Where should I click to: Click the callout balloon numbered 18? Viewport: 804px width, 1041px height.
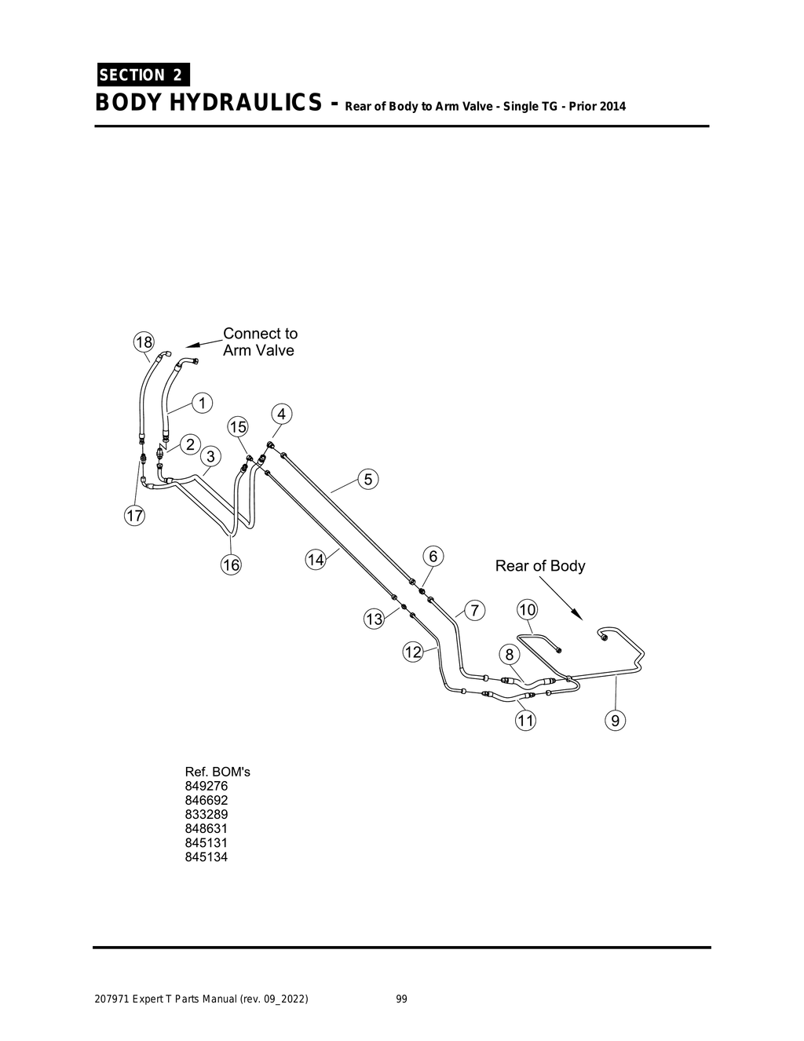(x=144, y=342)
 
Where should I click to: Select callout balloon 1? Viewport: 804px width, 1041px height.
(x=202, y=403)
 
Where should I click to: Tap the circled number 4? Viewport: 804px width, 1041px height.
(x=282, y=414)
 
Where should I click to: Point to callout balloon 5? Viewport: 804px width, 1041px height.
(x=368, y=479)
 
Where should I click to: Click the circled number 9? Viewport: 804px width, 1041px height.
(x=615, y=720)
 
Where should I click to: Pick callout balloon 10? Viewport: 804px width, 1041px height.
(x=527, y=610)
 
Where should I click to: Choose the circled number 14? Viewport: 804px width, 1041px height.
(x=316, y=560)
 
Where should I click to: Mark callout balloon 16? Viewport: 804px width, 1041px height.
(x=231, y=564)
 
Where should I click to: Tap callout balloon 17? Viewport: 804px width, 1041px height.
(x=135, y=516)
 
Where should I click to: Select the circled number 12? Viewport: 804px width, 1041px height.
(x=413, y=652)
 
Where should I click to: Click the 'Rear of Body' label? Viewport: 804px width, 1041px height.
(x=539, y=566)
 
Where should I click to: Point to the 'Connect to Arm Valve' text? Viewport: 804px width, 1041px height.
(x=260, y=342)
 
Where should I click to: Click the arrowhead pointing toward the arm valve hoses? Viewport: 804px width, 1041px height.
(x=192, y=345)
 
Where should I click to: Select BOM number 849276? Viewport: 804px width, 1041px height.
(x=206, y=786)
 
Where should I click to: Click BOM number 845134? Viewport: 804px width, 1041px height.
(x=206, y=857)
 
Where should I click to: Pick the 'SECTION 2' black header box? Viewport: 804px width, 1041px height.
(x=142, y=75)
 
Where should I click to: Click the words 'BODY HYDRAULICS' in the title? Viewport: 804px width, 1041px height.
(x=207, y=103)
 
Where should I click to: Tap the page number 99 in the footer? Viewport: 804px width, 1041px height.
(x=401, y=999)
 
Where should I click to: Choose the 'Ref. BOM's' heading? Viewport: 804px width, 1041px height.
(x=217, y=772)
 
